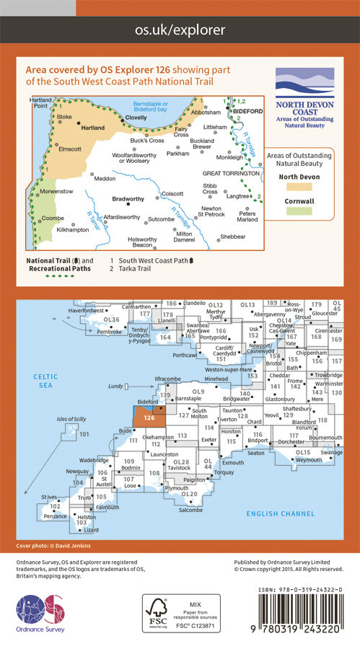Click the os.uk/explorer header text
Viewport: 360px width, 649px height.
pos(180,30)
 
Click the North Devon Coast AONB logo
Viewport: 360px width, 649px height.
pos(305,94)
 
